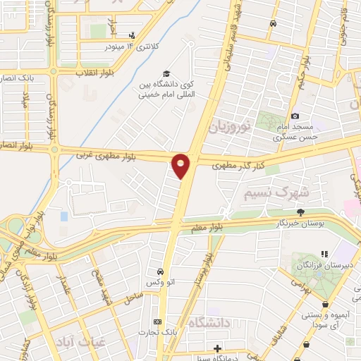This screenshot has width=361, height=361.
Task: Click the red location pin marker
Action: click(x=181, y=166)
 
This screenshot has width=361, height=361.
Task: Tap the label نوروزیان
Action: click(x=230, y=128)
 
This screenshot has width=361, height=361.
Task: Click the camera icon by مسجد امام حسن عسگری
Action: click(x=295, y=116)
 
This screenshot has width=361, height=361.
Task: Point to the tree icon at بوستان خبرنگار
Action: click(x=301, y=212)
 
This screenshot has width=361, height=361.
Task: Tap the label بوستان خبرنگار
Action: click(x=300, y=223)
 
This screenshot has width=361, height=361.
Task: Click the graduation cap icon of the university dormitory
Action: click(x=166, y=73)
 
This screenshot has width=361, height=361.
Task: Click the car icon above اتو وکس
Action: click(x=161, y=271)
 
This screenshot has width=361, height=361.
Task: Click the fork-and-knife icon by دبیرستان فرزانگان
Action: click(x=324, y=254)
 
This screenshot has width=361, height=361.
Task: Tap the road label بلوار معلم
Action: click(x=207, y=227)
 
